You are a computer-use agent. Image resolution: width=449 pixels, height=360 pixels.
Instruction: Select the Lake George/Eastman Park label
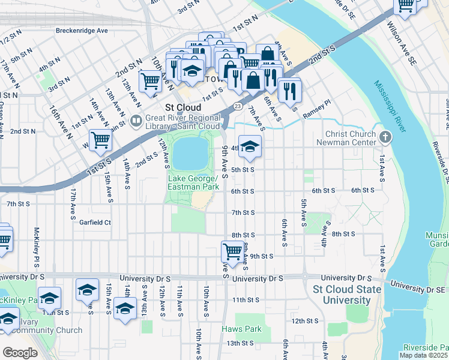point(192,183)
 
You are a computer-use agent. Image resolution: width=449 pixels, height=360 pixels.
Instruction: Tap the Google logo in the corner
point(20,353)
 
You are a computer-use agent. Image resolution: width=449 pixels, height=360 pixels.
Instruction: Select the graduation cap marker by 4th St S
point(250,147)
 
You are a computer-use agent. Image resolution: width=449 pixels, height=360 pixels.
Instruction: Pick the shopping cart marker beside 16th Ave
point(100,140)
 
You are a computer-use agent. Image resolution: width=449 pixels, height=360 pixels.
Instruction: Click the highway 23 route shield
point(238,106)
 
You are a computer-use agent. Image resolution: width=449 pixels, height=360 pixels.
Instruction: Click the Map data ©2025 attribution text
point(424,355)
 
